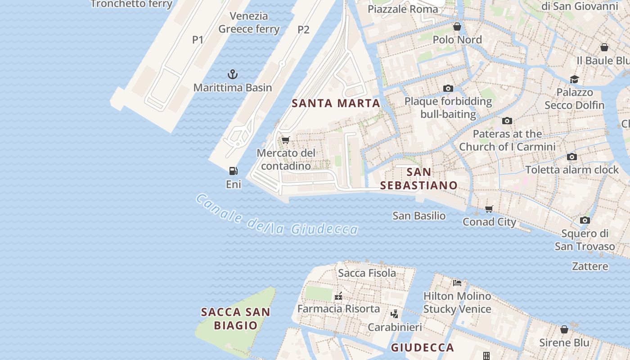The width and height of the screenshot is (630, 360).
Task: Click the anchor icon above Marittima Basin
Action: pos(233,74)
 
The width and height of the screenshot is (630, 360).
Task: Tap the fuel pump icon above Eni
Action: pos(233,171)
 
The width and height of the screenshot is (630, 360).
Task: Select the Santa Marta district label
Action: pos(336,103)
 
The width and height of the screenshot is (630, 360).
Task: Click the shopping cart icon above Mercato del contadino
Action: pos(285,140)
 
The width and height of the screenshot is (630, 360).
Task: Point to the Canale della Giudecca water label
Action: pos(277,216)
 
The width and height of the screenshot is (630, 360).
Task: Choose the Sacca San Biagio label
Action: pos(235,318)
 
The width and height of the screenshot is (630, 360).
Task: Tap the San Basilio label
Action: pos(419,216)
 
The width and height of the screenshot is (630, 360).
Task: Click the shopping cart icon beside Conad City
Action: pos(489,209)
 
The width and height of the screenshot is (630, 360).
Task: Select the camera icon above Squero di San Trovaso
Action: pos(585,220)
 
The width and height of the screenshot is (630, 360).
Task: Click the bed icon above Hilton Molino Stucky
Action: pos(457,283)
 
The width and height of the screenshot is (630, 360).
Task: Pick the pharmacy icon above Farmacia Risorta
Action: pos(338,296)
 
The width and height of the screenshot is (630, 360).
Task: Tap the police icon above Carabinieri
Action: pos(394,314)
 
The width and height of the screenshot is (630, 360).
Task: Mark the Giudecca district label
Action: pos(422,347)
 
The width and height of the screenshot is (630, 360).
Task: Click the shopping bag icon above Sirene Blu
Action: pos(564,330)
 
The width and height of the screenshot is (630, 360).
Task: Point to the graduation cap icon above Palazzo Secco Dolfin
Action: pos(574,80)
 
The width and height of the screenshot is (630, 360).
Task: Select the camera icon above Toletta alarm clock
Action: pos(572,157)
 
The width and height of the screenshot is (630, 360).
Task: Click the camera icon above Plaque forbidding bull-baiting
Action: pos(448,89)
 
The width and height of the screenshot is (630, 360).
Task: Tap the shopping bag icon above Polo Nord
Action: pos(457,27)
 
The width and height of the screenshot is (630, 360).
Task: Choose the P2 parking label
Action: pos(303,30)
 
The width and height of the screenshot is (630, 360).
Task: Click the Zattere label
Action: pos(590,266)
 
